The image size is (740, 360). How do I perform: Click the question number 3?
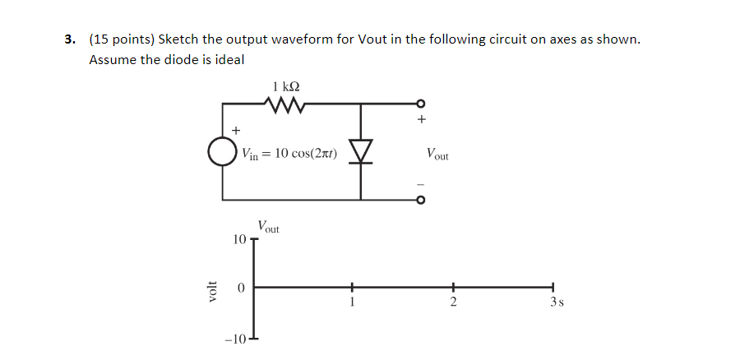72,39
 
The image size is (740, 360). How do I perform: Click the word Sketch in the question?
179,39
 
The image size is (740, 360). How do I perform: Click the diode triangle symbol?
361,150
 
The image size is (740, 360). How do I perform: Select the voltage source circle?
221,152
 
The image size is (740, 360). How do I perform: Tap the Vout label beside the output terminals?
437,153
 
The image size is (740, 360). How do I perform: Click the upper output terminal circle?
421,104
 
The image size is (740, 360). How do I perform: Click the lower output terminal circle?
421,199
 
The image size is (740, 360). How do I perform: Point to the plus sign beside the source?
237,130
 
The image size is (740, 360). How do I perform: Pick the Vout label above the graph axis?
268,227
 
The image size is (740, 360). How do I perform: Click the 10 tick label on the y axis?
238,239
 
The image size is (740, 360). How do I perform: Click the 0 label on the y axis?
240,288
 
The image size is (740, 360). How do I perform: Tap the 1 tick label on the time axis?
352,302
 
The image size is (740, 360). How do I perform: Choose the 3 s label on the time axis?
556,302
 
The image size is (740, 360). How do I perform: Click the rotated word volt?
213,289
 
